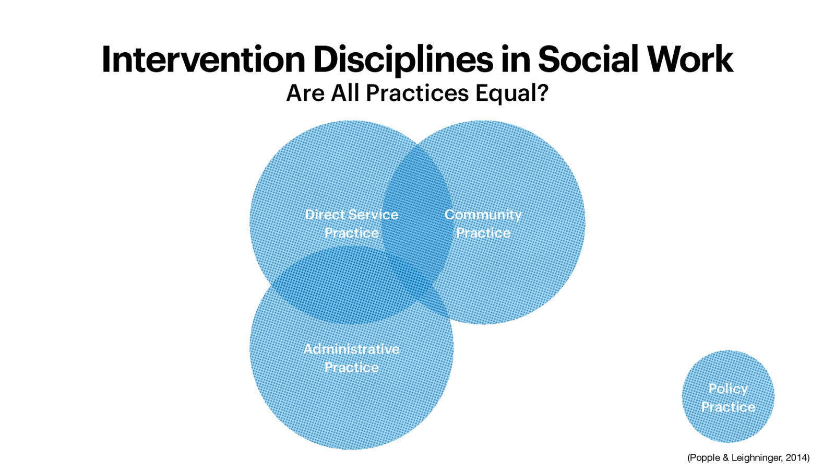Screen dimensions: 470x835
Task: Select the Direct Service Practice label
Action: click(x=351, y=224)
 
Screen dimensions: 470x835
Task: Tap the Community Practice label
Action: click(x=483, y=224)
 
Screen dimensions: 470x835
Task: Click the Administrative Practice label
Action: click(x=351, y=358)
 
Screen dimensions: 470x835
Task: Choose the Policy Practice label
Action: click(x=728, y=397)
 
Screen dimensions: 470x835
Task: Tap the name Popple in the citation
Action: click(x=705, y=458)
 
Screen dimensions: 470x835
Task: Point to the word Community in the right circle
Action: click(x=483, y=215)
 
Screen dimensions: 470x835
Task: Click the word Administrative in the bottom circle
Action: click(x=351, y=349)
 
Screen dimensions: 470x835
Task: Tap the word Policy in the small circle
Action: click(x=728, y=389)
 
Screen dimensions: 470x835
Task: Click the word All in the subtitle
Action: click(x=345, y=93)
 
